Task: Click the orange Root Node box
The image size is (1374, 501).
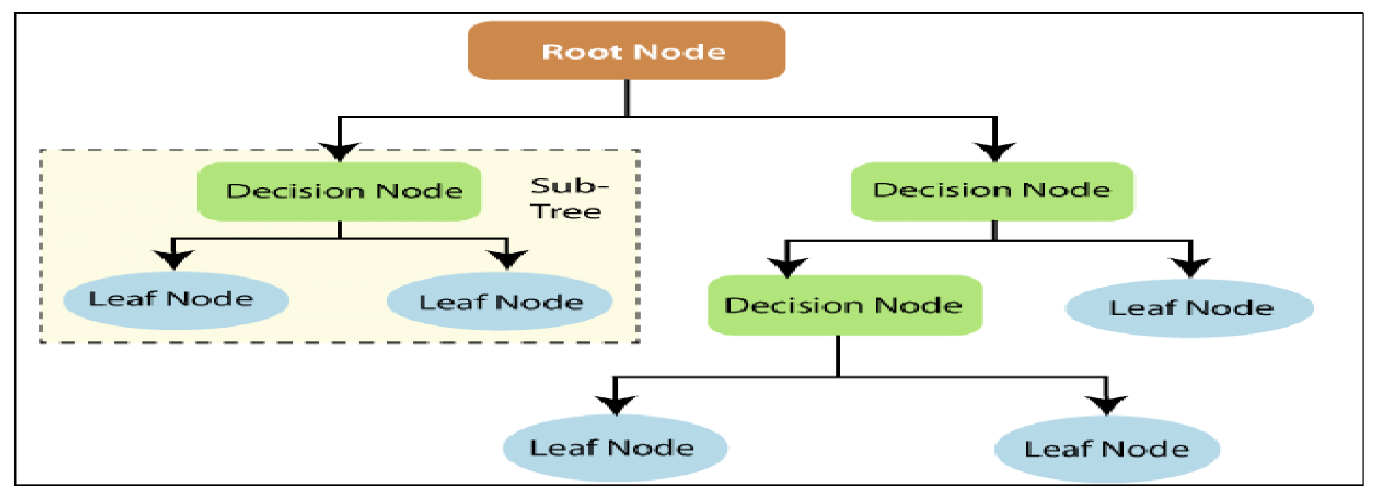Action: click(x=626, y=51)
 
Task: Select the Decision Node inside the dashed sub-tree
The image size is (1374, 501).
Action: click(x=339, y=192)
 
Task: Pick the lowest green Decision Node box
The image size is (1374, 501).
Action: click(x=845, y=305)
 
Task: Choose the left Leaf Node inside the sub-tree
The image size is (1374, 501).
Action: click(x=176, y=300)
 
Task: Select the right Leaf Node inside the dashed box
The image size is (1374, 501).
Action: click(x=499, y=302)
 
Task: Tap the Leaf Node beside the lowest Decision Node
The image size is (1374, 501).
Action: click(x=1189, y=308)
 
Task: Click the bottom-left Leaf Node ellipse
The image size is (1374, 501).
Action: click(x=615, y=448)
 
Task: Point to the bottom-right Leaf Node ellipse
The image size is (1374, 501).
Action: click(x=1107, y=449)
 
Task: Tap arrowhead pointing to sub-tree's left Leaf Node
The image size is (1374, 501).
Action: click(x=173, y=260)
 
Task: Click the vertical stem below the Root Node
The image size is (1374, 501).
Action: click(x=627, y=98)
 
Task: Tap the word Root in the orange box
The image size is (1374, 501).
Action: click(x=581, y=52)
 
